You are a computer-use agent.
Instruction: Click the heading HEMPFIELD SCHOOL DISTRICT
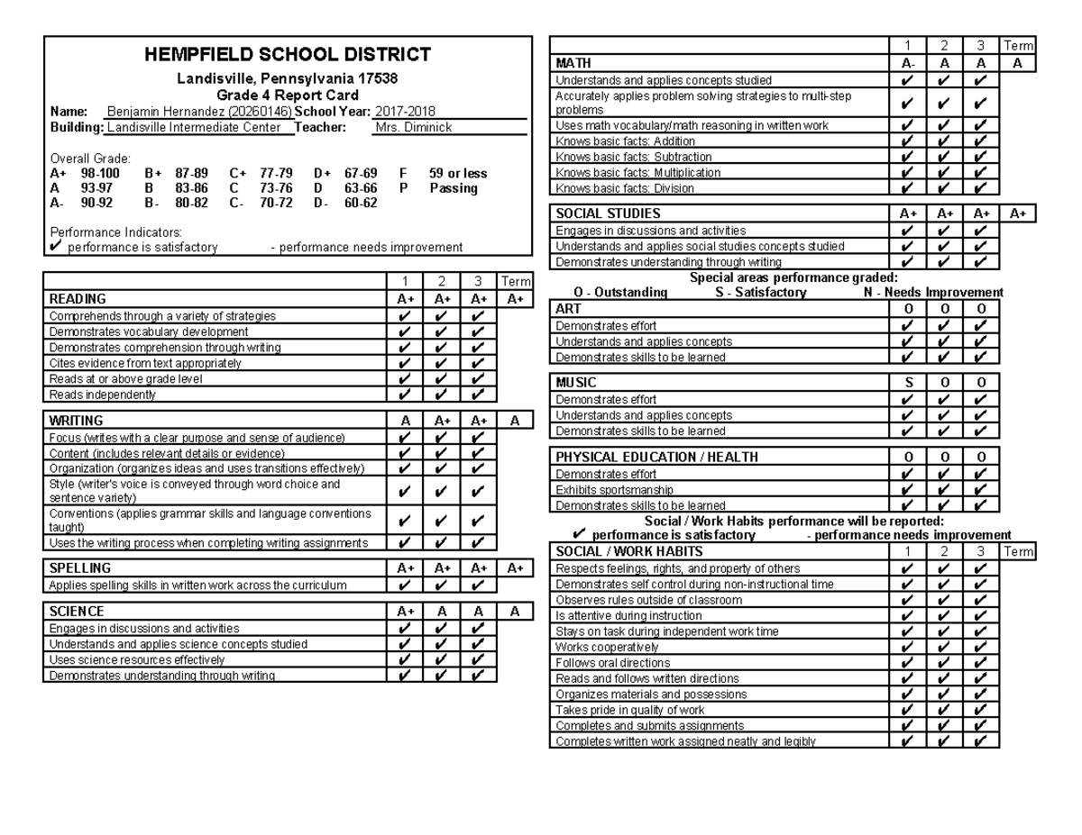coord(288,56)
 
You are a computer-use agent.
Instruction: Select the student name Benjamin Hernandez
coord(167,111)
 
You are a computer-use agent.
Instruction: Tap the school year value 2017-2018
coord(405,111)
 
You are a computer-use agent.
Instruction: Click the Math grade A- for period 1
coord(908,63)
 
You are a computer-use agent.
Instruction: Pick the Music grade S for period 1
coord(908,383)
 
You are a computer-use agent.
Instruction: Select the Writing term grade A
coord(514,421)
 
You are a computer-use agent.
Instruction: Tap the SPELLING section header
coord(80,568)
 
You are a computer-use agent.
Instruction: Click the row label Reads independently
coord(103,395)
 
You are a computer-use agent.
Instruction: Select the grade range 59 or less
coord(458,173)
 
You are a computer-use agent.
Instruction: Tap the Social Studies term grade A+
coord(1018,214)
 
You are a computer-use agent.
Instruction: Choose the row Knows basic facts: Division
coord(625,188)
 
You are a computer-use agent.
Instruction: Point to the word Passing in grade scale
coord(454,188)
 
